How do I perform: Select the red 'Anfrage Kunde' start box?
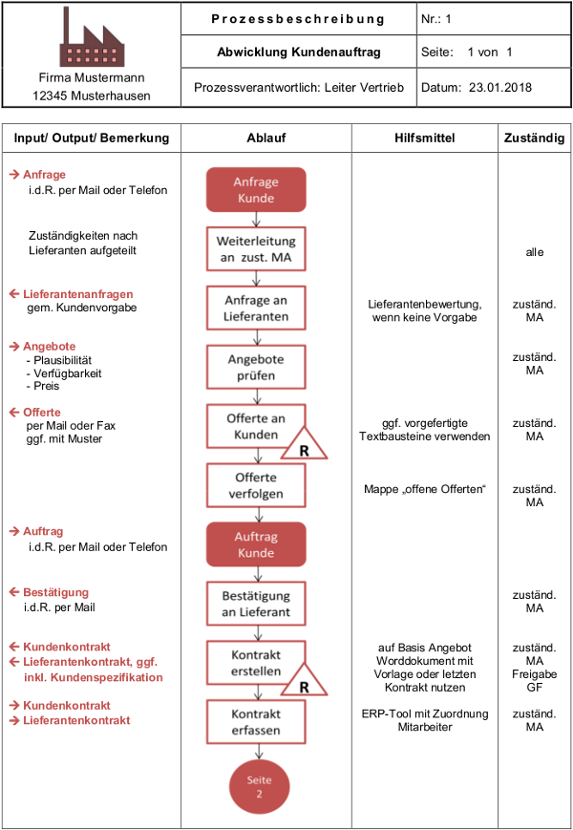[x=256, y=190]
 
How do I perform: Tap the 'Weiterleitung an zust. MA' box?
[x=256, y=248]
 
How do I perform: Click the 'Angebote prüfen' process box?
[x=256, y=368]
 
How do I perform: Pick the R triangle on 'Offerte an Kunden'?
[x=304, y=443]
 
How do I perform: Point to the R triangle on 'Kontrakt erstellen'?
[x=304, y=680]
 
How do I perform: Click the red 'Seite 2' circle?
[x=259, y=787]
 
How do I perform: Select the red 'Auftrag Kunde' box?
[x=256, y=544]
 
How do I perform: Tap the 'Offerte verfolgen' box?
[x=256, y=485]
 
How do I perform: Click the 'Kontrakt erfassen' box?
[x=256, y=722]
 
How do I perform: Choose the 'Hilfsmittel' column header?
[x=424, y=138]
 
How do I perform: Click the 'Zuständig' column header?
[x=535, y=138]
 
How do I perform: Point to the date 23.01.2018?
[x=500, y=87]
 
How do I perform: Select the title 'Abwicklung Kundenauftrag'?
[x=299, y=52]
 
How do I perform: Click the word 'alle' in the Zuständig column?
[x=535, y=252]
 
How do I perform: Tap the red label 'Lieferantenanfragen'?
[x=77, y=294]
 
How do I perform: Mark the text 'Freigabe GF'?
[x=535, y=681]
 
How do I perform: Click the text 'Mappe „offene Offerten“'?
[x=424, y=489]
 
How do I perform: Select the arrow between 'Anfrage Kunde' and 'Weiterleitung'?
[x=256, y=220]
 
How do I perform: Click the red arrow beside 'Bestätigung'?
[x=14, y=592]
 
